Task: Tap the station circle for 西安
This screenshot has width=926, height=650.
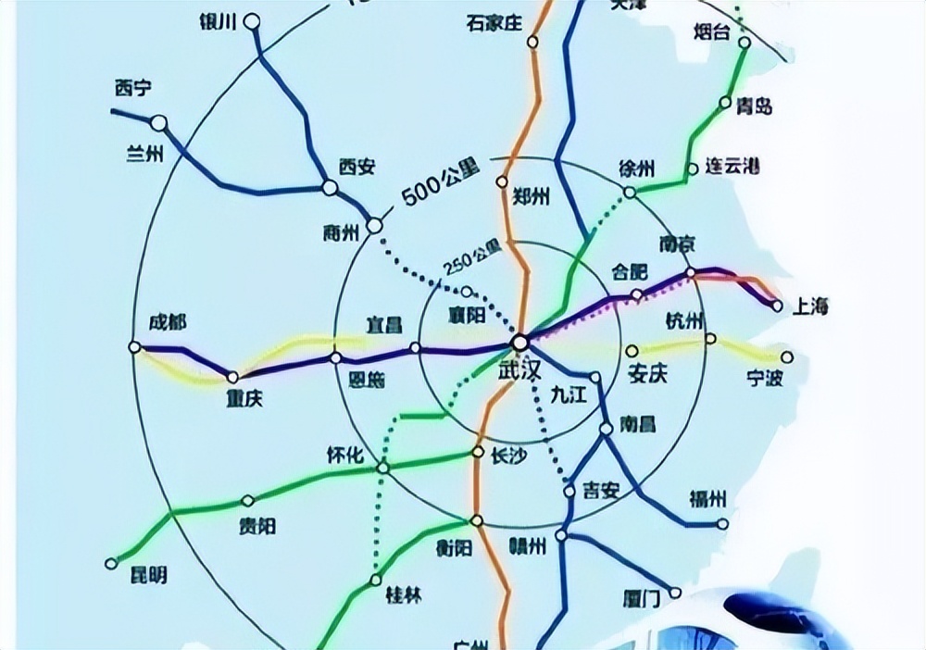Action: click(330, 187)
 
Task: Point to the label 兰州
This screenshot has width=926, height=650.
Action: click(144, 154)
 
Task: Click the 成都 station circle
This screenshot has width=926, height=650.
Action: click(135, 347)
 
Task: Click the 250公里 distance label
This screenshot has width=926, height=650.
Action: click(472, 256)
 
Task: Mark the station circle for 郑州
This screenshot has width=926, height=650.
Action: click(503, 181)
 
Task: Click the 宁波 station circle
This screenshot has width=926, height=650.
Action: click(787, 356)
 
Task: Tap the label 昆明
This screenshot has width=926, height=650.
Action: click(146, 575)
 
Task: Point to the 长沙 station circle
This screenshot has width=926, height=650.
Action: click(478, 452)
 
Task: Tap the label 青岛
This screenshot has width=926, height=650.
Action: click(754, 106)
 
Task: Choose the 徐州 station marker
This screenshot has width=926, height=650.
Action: click(631, 193)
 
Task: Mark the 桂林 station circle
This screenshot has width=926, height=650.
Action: click(375, 580)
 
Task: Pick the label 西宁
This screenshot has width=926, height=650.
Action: click(133, 89)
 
